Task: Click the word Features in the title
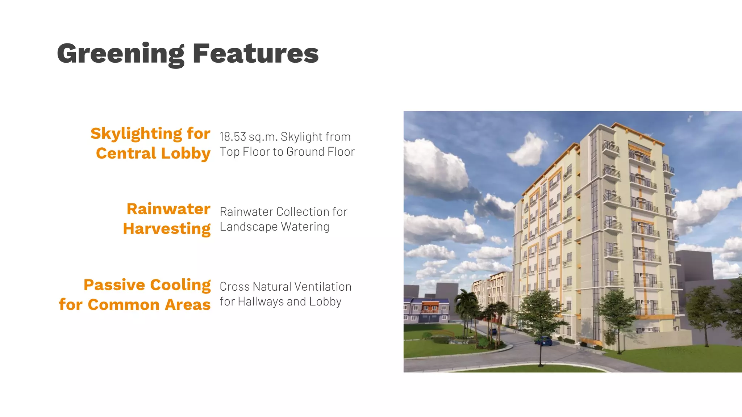[x=255, y=54]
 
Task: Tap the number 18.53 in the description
[x=233, y=137]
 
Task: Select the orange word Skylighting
[x=136, y=134]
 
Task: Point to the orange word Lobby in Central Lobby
[x=185, y=153]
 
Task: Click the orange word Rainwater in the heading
[x=168, y=209]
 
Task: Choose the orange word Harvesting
[x=167, y=229]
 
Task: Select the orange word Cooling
[x=180, y=285]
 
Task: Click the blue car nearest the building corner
[x=544, y=341]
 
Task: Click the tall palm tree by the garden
[x=465, y=304]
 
